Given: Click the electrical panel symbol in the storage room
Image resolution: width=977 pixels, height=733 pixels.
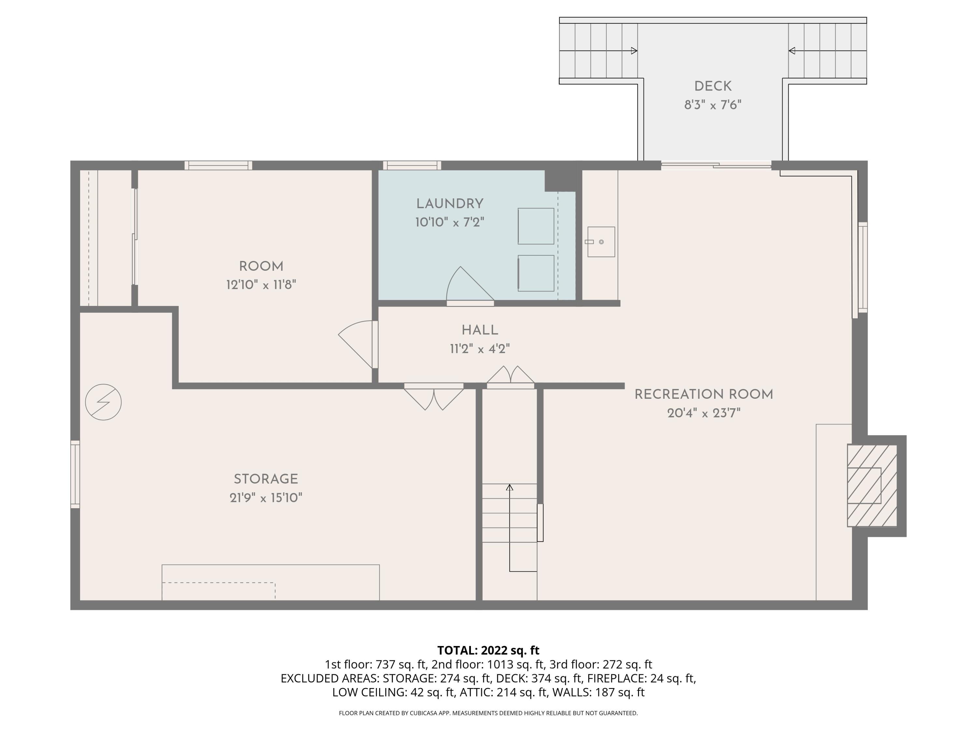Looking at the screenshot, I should (x=103, y=402).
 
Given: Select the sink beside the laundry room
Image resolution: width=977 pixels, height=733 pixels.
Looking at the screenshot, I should (x=601, y=242).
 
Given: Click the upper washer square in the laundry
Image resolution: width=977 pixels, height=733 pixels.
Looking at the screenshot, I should (x=536, y=226).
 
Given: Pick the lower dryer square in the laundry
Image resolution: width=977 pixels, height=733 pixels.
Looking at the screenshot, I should (x=536, y=273).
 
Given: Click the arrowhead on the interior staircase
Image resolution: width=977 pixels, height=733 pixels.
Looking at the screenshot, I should (x=509, y=487).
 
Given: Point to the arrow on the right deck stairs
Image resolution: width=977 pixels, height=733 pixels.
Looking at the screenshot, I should (x=792, y=51).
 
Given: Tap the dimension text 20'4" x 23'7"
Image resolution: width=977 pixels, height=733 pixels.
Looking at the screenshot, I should (x=703, y=413).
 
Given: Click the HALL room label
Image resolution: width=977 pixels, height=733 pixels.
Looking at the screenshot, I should (x=480, y=330).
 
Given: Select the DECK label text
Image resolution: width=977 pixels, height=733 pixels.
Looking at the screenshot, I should (x=713, y=87).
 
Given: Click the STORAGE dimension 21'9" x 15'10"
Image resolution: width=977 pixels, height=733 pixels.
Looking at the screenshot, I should (x=265, y=498).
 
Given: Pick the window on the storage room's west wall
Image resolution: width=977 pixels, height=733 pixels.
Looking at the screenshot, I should (x=76, y=474).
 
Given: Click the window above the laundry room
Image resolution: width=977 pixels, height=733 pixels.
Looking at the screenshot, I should (x=412, y=166).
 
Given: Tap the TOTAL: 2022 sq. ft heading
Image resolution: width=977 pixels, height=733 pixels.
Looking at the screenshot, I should (x=488, y=650).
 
